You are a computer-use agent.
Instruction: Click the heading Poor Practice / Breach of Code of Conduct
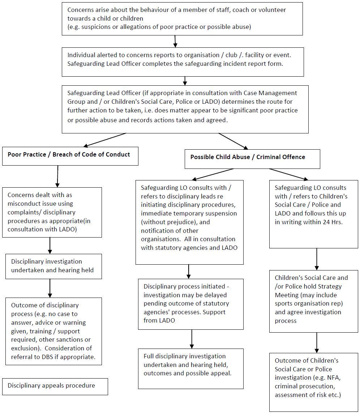tap(69, 154)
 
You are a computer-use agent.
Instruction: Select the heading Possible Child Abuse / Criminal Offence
tap(248, 157)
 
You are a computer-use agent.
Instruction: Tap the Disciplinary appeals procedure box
tap(55, 387)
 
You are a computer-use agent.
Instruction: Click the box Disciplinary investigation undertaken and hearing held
tap(53, 266)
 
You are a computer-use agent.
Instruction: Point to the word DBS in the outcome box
tap(47, 357)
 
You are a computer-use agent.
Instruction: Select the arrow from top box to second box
tap(175, 42)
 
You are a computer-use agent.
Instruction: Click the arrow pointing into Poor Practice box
tap(104, 140)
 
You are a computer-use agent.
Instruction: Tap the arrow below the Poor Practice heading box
tap(57, 176)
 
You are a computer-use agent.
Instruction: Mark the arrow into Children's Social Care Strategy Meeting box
tap(317, 259)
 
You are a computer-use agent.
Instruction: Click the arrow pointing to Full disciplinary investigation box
tap(192, 339)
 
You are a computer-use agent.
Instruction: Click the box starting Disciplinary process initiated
tap(190, 304)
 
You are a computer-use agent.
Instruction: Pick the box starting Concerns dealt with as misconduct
tap(52, 212)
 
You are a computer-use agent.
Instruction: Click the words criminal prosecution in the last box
tap(305, 386)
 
